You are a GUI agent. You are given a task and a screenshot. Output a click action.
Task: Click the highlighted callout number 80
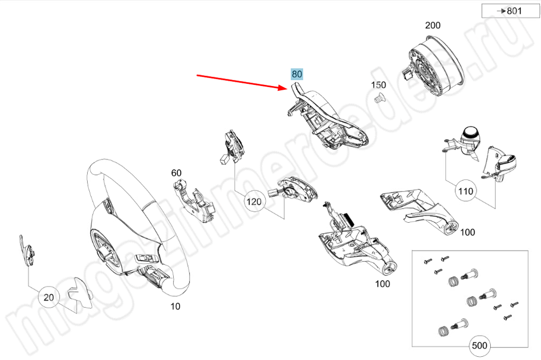(x=298, y=74)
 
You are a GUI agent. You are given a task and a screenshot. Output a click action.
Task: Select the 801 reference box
(x=503, y=11)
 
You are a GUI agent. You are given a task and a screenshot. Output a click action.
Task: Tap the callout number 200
(x=433, y=25)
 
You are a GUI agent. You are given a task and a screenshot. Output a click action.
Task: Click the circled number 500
(x=479, y=345)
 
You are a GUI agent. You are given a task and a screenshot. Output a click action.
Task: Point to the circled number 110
(x=465, y=191)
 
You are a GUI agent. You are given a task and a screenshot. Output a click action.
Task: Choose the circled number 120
(x=254, y=202)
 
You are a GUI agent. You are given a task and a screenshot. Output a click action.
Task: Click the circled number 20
(x=49, y=297)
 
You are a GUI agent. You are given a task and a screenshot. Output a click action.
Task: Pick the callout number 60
(x=176, y=173)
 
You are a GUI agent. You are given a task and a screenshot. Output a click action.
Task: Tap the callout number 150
(x=378, y=85)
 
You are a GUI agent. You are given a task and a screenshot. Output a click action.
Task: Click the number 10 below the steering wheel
(x=175, y=306)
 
